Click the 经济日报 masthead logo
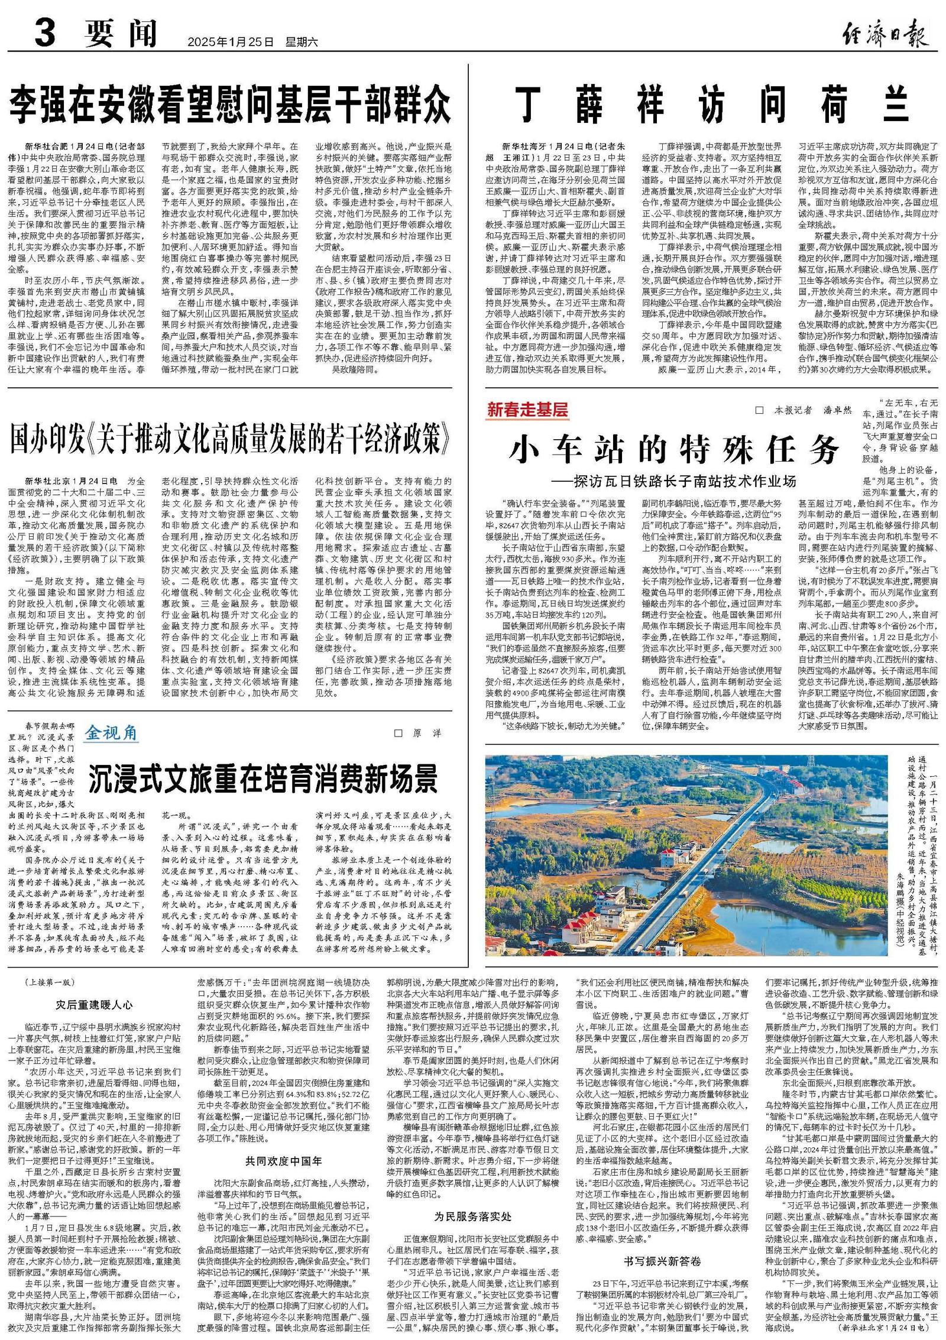tap(885, 33)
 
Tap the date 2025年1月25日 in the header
tap(231, 42)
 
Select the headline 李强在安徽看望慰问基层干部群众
tap(229, 103)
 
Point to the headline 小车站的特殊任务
tap(674, 450)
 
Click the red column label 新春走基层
tap(527, 409)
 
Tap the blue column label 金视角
tap(111, 732)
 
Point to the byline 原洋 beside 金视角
tap(426, 733)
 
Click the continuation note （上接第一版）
tap(50, 982)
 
